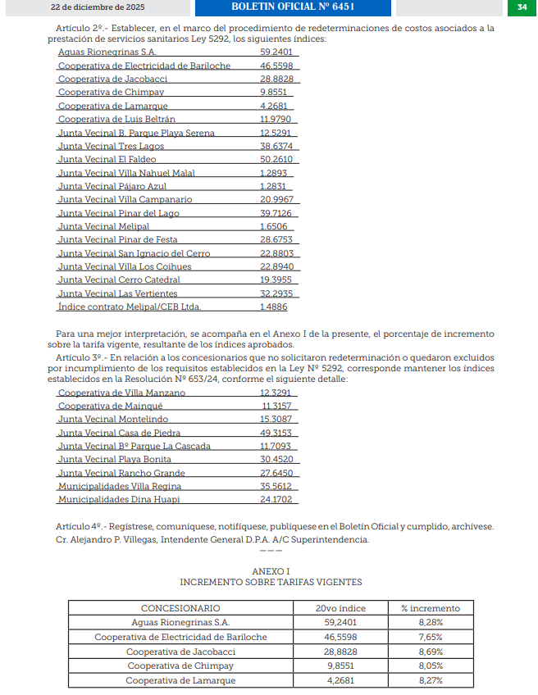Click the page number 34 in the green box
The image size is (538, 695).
coord(522,7)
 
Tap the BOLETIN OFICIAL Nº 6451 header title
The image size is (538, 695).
coord(294,7)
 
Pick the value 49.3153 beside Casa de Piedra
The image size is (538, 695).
coord(276,433)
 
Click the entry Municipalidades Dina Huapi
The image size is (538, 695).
coord(119,499)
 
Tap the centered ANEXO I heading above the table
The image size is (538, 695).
coord(270,570)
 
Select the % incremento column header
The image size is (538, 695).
coord(430,608)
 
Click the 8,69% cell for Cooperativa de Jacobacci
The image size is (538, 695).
coord(430,652)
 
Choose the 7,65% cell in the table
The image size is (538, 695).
coord(430,637)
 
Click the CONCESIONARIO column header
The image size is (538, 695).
coord(180,608)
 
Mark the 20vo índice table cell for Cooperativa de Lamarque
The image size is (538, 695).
coord(340,680)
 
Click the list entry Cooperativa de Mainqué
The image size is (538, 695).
coord(112,406)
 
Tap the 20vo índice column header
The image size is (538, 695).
coord(340,608)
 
